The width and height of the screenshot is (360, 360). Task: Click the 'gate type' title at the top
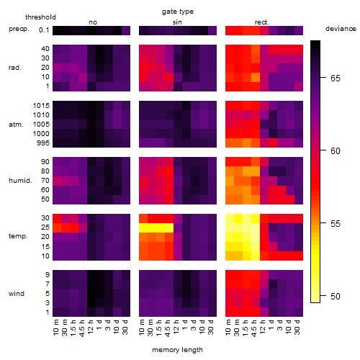178,12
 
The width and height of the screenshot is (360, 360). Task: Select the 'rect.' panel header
261,22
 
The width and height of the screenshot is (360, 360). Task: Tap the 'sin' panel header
177,22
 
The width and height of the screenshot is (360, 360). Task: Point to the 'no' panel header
93,22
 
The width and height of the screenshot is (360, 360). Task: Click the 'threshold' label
40,17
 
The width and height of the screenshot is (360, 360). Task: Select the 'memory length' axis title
177,350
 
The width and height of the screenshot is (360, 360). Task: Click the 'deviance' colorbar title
341,29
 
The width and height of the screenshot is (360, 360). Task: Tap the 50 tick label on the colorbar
336,297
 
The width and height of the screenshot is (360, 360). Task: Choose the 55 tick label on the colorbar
336,224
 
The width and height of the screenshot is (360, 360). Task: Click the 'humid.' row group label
20,181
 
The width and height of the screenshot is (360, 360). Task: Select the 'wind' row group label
17,294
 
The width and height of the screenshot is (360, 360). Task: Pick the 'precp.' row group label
19,29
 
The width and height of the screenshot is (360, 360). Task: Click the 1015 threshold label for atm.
41,105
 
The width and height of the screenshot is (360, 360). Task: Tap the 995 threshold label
43,143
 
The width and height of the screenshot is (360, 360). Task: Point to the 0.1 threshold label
44,30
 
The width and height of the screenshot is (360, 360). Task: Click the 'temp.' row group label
18,236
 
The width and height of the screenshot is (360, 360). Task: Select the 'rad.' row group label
15,68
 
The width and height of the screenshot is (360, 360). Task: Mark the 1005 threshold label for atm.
41,125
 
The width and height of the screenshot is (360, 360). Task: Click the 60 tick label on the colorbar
336,151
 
